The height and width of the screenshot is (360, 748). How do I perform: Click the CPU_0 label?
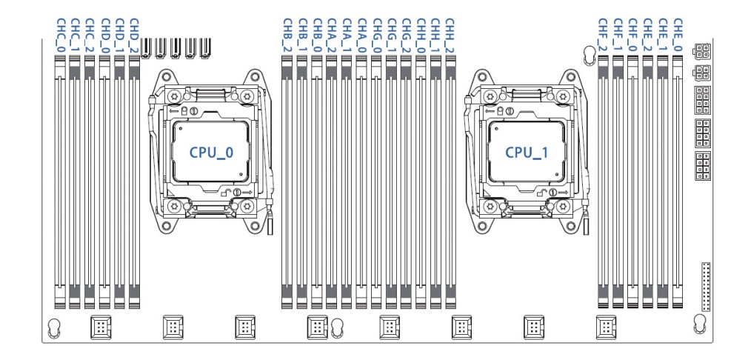(211, 153)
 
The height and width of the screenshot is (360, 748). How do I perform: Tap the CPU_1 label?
(527, 153)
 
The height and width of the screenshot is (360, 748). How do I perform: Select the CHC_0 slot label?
(61, 36)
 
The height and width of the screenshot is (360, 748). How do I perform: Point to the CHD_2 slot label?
(134, 36)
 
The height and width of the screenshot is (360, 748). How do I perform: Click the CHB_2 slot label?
(287, 36)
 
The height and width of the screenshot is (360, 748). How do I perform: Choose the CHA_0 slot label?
(361, 36)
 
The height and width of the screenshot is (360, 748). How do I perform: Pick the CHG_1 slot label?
(391, 36)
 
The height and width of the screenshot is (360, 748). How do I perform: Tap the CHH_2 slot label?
(450, 36)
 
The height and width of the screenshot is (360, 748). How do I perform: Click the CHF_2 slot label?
(603, 36)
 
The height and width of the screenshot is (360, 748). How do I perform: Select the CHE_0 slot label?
(678, 36)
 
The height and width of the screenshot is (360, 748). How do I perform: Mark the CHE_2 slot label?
(647, 36)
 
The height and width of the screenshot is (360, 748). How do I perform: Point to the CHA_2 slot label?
(332, 36)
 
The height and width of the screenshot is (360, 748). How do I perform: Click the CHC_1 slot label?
(75, 36)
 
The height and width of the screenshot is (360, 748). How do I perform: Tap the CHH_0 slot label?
(421, 36)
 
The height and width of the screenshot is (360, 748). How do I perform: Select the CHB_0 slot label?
(317, 36)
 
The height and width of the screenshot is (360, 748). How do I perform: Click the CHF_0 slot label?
(632, 36)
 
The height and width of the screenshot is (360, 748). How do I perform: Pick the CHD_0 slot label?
(105, 36)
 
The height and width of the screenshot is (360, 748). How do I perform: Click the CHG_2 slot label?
(406, 36)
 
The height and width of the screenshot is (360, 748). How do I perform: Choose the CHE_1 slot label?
(663, 36)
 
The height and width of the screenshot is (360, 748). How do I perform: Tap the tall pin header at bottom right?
(707, 286)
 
